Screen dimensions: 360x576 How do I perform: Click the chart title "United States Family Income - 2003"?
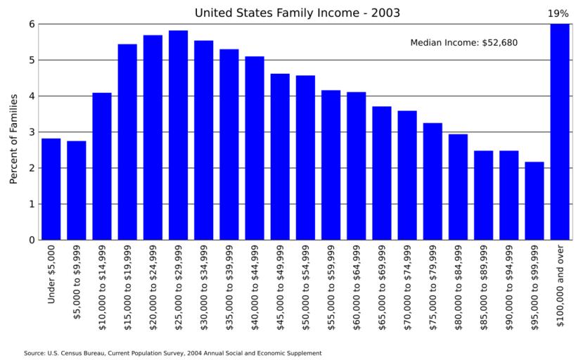click(x=297, y=13)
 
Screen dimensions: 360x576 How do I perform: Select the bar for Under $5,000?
click(x=51, y=189)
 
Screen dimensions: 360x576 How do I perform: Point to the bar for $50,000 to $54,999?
click(x=305, y=157)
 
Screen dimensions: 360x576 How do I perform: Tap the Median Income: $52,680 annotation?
click(x=463, y=43)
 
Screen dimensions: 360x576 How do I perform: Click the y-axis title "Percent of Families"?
click(x=13, y=139)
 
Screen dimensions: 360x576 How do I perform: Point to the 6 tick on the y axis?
click(x=32, y=24)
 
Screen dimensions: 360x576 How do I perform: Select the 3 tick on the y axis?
click(x=32, y=132)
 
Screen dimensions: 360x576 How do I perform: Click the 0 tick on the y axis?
click(x=32, y=240)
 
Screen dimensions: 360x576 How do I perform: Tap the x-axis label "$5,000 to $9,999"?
click(x=77, y=281)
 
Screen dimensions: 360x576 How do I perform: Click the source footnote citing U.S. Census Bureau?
click(x=172, y=353)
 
